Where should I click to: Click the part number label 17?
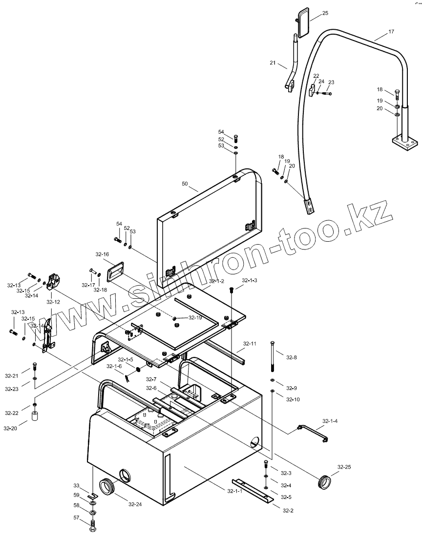(x=391, y=32)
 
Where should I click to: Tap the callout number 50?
(x=185, y=184)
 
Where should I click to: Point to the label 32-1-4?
(x=330, y=420)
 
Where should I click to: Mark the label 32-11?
(x=250, y=344)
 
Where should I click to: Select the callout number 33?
(x=76, y=485)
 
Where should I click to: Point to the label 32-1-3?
(x=250, y=280)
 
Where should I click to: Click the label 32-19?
(x=196, y=318)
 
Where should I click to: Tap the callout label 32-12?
(x=53, y=302)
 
